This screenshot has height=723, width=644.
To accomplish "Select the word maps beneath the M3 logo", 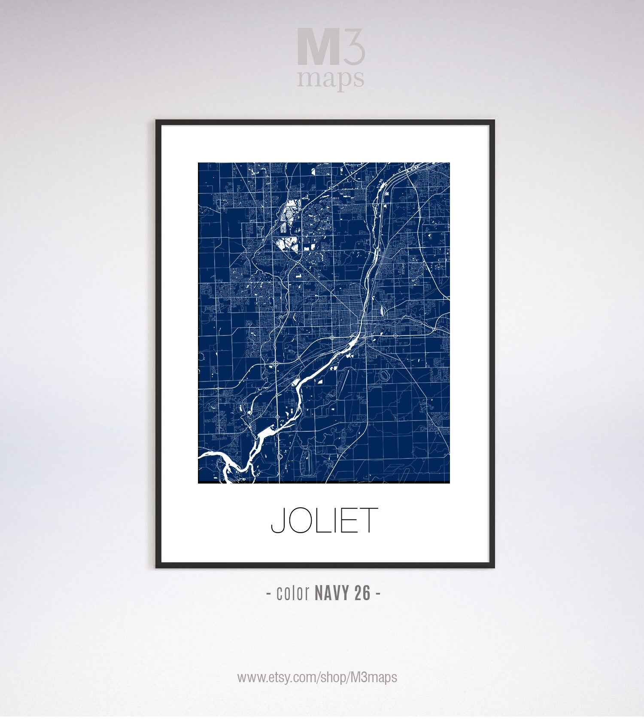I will (331, 79).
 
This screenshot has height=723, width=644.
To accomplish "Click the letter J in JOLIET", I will (278, 520).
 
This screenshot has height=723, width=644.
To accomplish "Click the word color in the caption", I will (293, 593).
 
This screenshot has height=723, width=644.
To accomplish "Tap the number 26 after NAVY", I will (363, 593).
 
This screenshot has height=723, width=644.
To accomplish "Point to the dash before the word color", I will (269, 594).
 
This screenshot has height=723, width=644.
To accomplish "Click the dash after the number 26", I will (378, 594).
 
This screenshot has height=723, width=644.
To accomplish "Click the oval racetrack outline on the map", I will (384, 376).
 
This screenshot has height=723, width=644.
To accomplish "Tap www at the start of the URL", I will (249, 678).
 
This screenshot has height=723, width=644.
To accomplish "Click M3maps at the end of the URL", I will (374, 677).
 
